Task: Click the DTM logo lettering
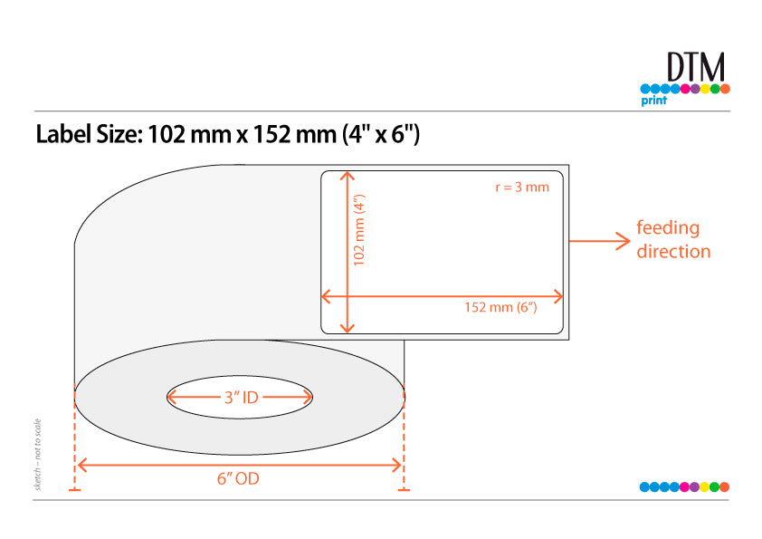coord(696,67)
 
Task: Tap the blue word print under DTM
coord(653,101)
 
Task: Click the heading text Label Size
coord(89,134)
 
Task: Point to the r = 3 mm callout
coord(522,188)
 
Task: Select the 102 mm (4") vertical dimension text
coord(359,230)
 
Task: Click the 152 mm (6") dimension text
coord(500,307)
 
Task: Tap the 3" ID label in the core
coord(241,398)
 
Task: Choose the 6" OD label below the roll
coord(238,478)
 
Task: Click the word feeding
coord(668,228)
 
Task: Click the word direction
coord(673,252)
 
